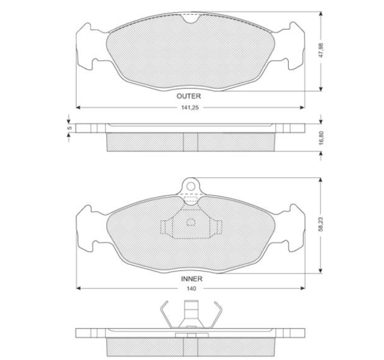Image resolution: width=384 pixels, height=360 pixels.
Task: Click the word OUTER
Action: [x=188, y=96]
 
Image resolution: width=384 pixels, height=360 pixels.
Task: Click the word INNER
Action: [x=192, y=278]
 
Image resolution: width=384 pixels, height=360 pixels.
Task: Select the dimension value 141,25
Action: [x=190, y=108]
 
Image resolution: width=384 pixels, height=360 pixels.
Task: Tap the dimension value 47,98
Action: [x=321, y=50]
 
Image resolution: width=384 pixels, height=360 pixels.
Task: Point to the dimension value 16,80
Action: [x=322, y=138]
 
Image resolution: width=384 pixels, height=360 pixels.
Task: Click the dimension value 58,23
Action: [x=321, y=224]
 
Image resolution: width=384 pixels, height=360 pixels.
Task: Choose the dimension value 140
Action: [x=191, y=288]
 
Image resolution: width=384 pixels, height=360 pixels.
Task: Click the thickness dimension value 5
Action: [x=70, y=128]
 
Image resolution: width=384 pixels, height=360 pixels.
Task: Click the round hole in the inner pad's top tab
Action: [x=191, y=187]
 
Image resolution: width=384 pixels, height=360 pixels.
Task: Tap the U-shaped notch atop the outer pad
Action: [x=191, y=20]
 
